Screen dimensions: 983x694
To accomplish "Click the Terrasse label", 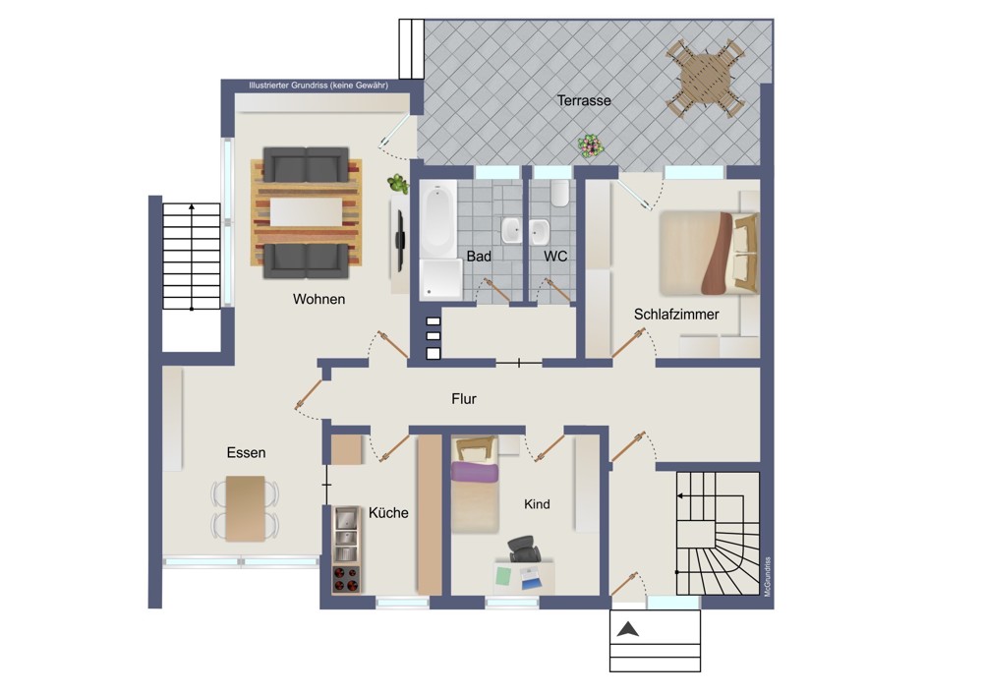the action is [584, 100].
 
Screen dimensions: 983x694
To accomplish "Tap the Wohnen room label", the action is [318, 299].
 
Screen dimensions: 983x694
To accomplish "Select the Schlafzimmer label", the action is [676, 315].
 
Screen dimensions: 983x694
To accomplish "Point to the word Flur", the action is [464, 399].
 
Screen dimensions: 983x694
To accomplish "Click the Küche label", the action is [388, 513].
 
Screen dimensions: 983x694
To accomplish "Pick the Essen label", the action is [246, 452].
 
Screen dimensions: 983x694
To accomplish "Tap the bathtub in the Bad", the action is [437, 219].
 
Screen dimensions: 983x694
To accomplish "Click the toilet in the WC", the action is [560, 193].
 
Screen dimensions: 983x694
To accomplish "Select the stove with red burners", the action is [346, 579].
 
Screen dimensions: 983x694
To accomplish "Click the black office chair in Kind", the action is [524, 549].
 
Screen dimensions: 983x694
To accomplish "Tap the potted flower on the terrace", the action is [590, 146].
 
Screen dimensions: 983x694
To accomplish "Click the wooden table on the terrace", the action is [705, 79].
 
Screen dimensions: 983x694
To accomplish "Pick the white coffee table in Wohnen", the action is [306, 212].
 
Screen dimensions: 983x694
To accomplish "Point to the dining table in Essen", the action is [245, 508].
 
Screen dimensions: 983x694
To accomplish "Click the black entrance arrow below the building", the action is [627, 629].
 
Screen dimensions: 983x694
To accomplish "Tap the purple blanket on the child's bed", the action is [475, 472].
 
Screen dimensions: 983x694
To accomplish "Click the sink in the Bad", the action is [511, 231].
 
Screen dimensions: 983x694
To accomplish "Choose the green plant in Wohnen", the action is [397, 184].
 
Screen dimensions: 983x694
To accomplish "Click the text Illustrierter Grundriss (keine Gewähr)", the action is [318, 86].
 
